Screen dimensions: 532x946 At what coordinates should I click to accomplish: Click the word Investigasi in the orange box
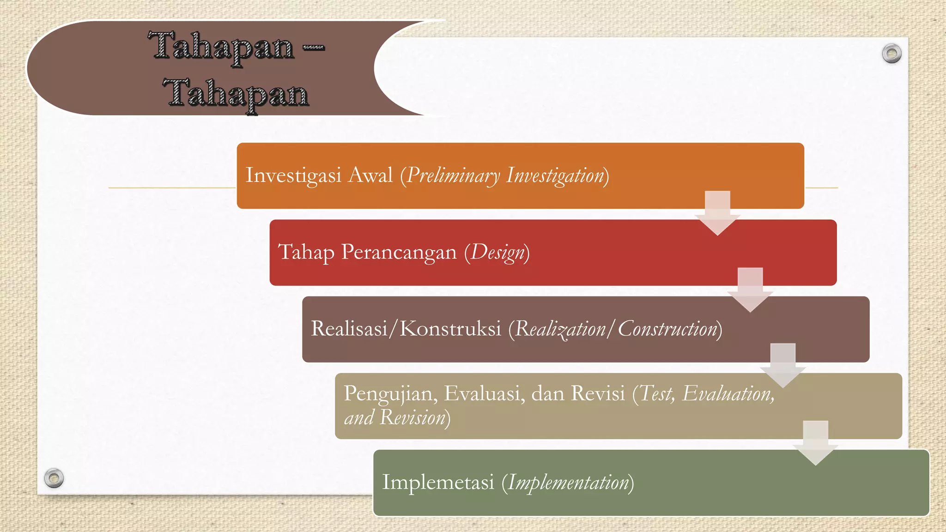tap(293, 175)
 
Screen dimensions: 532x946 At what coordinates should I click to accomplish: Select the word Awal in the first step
tap(370, 175)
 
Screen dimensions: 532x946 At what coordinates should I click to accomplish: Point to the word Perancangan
tap(399, 253)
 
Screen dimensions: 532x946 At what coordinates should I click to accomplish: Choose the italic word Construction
tap(667, 329)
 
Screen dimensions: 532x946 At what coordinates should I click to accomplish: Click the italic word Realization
tap(560, 329)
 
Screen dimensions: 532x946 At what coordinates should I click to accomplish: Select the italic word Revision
tap(412, 417)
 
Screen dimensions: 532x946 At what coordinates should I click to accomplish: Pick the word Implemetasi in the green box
tap(438, 482)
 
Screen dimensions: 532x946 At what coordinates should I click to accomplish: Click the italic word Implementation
tap(569, 483)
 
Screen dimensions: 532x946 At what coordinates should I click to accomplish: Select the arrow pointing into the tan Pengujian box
tap(783, 366)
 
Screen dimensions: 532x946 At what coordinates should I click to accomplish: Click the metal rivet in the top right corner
tap(891, 54)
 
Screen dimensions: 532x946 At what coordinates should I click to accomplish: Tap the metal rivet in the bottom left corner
tap(54, 478)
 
